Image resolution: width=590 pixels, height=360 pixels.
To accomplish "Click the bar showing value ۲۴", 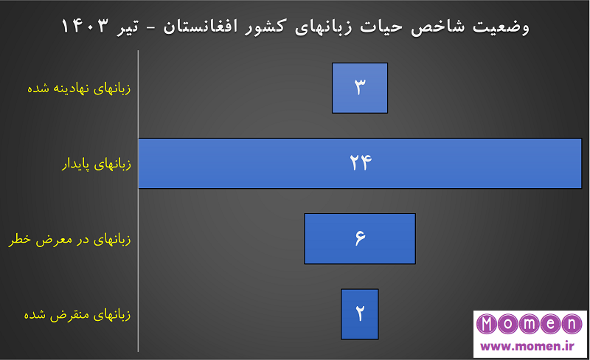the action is click(360, 164).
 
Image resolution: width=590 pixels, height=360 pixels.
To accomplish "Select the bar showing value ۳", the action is click(360, 88).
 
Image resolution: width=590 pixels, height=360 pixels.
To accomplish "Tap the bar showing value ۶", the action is click(360, 239).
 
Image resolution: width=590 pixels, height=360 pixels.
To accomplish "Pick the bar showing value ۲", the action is click(360, 314).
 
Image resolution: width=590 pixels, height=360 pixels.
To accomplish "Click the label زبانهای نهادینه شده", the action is click(79, 89).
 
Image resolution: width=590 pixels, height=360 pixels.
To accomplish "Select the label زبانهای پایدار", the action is click(97, 165).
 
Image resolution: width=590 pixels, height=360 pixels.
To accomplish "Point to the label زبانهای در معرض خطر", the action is click(69, 240).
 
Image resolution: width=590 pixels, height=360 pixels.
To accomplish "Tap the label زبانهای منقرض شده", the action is click(77, 315).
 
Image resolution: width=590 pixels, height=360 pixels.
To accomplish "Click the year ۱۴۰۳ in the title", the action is click(85, 26).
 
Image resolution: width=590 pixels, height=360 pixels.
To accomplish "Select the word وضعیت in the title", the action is click(501, 27).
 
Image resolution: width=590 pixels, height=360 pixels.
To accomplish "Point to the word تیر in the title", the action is click(128, 27).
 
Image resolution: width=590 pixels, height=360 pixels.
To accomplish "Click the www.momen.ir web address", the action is click(527, 346).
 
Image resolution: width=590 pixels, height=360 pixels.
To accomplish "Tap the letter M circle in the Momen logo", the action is click(487, 324).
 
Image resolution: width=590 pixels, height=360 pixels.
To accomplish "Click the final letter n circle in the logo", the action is click(572, 324).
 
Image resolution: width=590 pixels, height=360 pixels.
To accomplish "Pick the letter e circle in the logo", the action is click(551, 324).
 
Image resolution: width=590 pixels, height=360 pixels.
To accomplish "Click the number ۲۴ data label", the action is click(361, 163).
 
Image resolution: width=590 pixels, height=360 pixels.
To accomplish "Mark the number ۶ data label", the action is click(360, 238).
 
